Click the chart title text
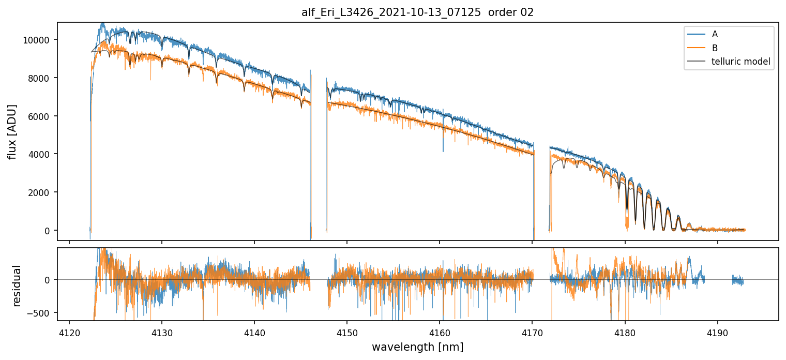pos(417,12)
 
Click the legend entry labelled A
pos(715,34)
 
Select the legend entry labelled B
pos(715,48)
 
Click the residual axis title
pos(17,286)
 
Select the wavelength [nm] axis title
pos(417,347)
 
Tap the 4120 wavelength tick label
pos(69,332)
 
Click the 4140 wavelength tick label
pos(254,332)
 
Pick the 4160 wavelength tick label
pos(440,332)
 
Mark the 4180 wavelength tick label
pos(625,332)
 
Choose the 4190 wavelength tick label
pos(717,332)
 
